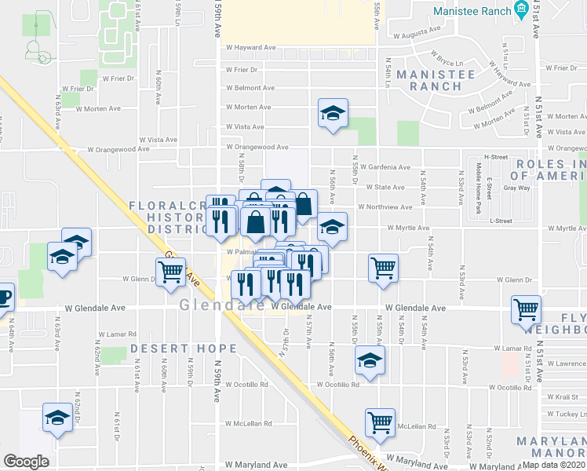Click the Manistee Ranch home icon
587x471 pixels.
tap(520, 9)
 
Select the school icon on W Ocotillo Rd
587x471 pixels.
tap(367, 361)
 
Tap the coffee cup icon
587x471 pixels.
tap(3, 297)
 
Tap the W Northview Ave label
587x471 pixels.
tap(385, 208)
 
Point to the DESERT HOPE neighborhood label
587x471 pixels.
tap(184, 349)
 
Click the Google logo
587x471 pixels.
tap(26, 462)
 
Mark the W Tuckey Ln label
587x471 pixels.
tap(566, 414)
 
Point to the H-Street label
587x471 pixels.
tap(496, 157)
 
